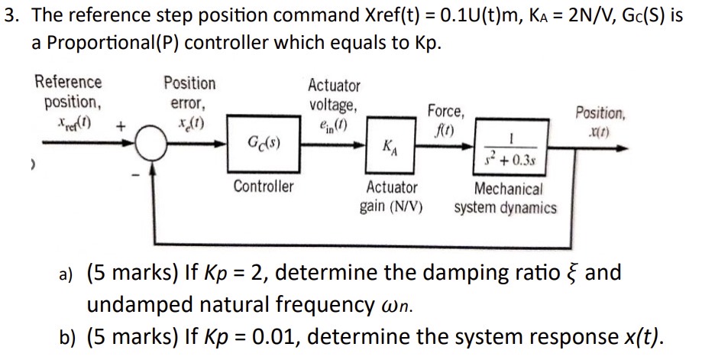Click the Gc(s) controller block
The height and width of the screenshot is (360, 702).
click(x=263, y=143)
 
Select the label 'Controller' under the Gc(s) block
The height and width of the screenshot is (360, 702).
click(x=263, y=186)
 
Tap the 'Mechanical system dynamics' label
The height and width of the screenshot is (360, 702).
click(x=506, y=198)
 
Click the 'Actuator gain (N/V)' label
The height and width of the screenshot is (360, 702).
click(x=392, y=197)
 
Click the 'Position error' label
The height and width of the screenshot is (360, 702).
click(x=189, y=92)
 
